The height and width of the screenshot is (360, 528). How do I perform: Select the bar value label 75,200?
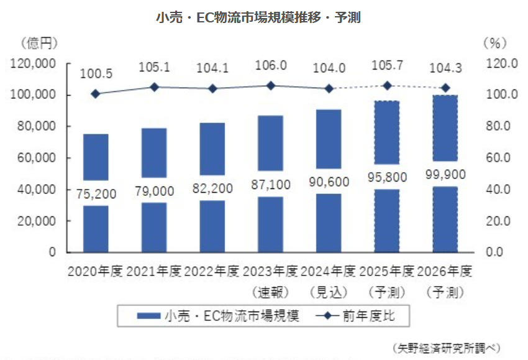(96, 193)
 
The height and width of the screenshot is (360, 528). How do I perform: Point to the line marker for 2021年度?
(154, 87)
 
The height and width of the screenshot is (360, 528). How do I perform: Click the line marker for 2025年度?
(387, 86)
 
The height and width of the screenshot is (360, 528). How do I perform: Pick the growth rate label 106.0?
(271, 65)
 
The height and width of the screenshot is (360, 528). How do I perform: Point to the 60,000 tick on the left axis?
(34, 158)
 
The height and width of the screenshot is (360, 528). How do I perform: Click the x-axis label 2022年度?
(212, 272)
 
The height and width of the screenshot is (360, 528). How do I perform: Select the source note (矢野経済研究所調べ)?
(445, 347)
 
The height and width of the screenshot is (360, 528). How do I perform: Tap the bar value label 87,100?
(270, 185)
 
